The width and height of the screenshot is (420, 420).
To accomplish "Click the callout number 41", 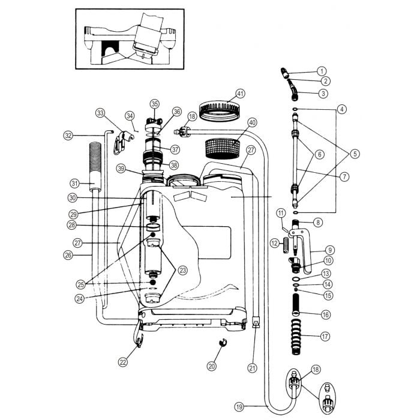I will (241, 94).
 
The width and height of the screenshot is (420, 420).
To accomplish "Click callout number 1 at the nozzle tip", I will (322, 71).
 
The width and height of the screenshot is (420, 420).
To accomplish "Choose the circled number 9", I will (330, 250).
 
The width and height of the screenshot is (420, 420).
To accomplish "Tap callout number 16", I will (325, 313).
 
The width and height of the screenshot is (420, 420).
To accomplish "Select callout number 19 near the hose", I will (240, 407).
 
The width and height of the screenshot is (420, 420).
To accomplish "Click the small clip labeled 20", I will (221, 344).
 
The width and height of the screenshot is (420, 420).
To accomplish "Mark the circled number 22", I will (124, 361).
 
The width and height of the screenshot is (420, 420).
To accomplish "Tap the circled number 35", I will (155, 103).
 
